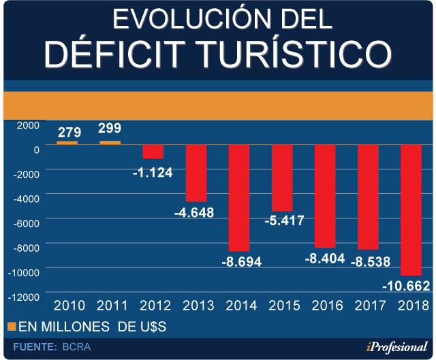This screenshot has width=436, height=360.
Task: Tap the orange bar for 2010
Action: (67, 143)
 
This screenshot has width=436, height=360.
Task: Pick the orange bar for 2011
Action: (110, 143)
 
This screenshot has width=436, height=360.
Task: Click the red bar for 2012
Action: (153, 152)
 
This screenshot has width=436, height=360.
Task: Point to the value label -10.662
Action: (407, 285)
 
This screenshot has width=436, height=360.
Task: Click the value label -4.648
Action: (194, 212)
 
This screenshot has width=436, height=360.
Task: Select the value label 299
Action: (110, 129)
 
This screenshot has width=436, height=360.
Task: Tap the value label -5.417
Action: (281, 220)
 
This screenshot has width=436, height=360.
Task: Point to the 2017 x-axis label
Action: (369, 306)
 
